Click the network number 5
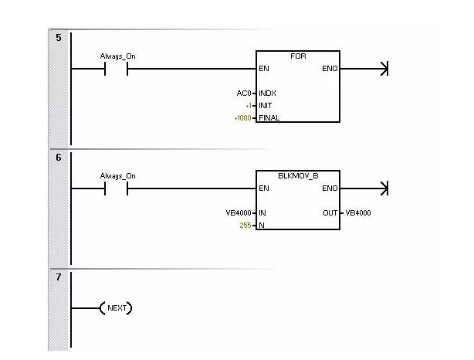pos(59,38)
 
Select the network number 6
pos(59,158)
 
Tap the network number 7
pos(59,277)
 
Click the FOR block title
pos(298,56)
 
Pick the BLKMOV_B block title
pos(298,176)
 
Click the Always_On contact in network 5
pos(116,69)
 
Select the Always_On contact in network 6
pos(116,188)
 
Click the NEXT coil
pos(116,308)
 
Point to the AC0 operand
pos(244,93)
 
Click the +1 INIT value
pos(249,106)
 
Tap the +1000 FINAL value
pos(242,118)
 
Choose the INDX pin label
pos(267,93)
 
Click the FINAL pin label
pos(269,118)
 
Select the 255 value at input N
pos(245,226)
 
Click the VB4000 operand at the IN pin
pos(239,213)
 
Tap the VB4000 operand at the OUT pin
pos(358,213)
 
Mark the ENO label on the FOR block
pos(330,69)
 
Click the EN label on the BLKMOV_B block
pos(263,188)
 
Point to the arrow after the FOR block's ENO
pos(364,69)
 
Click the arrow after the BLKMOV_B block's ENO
pos(364,188)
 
